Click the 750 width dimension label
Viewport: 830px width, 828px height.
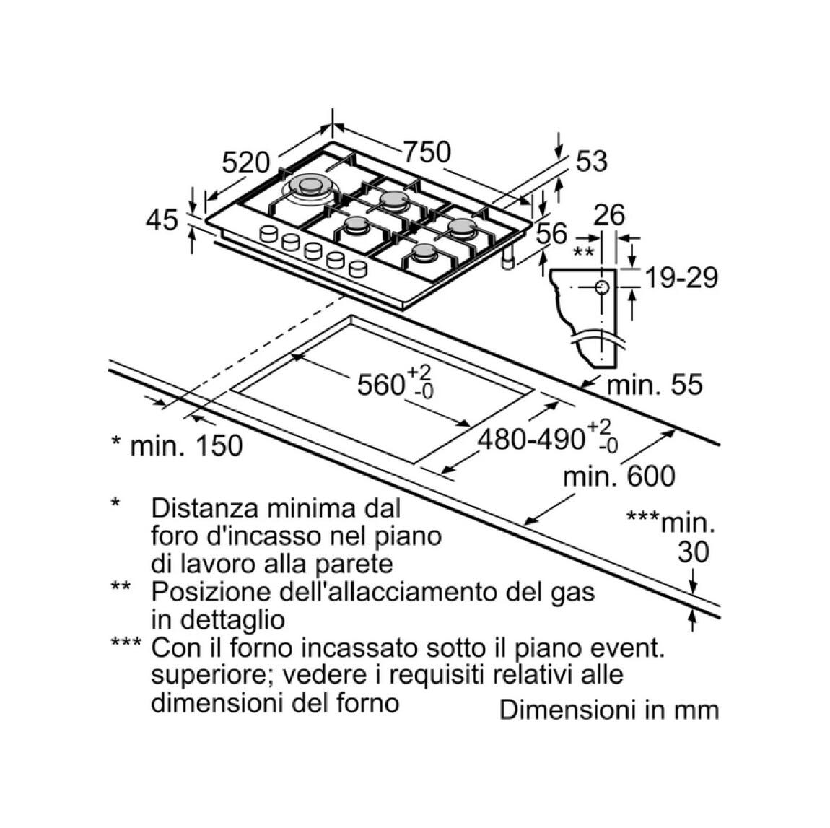pyautogui.click(x=427, y=152)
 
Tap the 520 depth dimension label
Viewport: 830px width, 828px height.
pyautogui.click(x=245, y=162)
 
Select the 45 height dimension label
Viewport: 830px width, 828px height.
pyautogui.click(x=162, y=219)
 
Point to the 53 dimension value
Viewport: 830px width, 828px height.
pyautogui.click(x=591, y=161)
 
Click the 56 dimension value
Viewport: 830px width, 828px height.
pyautogui.click(x=551, y=233)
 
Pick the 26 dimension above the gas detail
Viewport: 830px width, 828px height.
pyautogui.click(x=609, y=215)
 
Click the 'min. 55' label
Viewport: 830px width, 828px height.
pyautogui.click(x=655, y=384)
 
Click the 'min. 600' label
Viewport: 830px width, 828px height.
pyautogui.click(x=619, y=476)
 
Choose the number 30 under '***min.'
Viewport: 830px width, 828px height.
pyautogui.click(x=693, y=552)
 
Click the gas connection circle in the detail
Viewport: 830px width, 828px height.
pyautogui.click(x=602, y=287)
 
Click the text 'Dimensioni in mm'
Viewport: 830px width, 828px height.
pyautogui.click(x=609, y=710)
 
